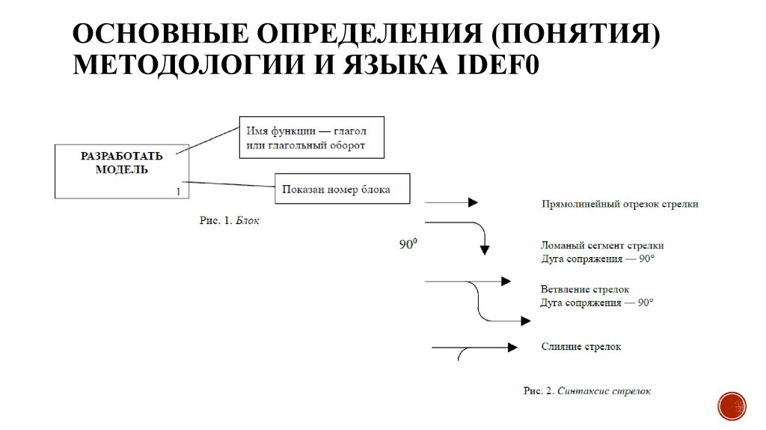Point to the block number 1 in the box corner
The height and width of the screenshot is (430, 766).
coord(177,192)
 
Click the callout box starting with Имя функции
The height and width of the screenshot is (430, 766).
coord(311,137)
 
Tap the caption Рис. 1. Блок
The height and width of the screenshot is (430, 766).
coord(230,221)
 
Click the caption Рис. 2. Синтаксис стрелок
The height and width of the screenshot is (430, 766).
coord(587,390)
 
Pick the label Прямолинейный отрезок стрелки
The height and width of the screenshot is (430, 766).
coord(619,204)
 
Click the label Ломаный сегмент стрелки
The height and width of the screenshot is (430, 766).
coord(602,245)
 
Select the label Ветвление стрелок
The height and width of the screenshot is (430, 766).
coord(585,289)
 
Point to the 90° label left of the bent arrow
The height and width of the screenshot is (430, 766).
coord(408,244)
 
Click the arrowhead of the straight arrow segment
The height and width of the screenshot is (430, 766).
coord(473,202)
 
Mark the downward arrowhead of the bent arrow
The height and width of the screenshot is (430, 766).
coord(484,249)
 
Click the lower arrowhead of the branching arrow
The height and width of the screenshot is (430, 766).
coord(526,321)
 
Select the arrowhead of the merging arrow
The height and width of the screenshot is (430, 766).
coord(512,347)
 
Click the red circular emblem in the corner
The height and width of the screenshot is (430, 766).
coord(731,405)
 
